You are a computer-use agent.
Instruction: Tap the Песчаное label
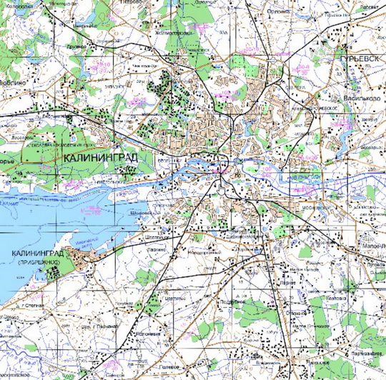pos(104,326)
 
